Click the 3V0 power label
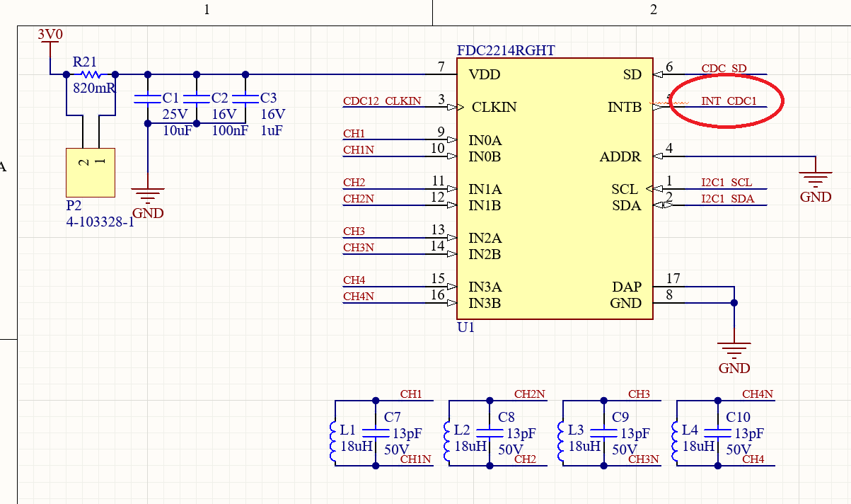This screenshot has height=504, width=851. (50, 34)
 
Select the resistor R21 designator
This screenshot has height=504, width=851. (85, 62)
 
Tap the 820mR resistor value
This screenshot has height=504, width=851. (94, 89)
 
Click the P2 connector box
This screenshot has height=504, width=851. (90, 172)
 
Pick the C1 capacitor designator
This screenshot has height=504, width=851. (170, 98)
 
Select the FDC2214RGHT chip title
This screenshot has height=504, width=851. (506, 50)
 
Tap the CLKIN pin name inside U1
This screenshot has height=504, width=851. (494, 108)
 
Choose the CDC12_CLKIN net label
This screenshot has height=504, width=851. (382, 101)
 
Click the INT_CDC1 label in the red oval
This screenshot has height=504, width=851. (729, 101)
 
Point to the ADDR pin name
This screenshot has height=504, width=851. (620, 156)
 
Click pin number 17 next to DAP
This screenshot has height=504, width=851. (673, 278)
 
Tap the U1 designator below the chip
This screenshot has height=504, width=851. (466, 328)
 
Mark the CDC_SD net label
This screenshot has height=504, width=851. (724, 69)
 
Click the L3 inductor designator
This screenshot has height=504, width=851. (576, 430)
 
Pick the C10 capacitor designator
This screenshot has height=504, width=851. (739, 417)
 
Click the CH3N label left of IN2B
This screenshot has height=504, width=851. (359, 248)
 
